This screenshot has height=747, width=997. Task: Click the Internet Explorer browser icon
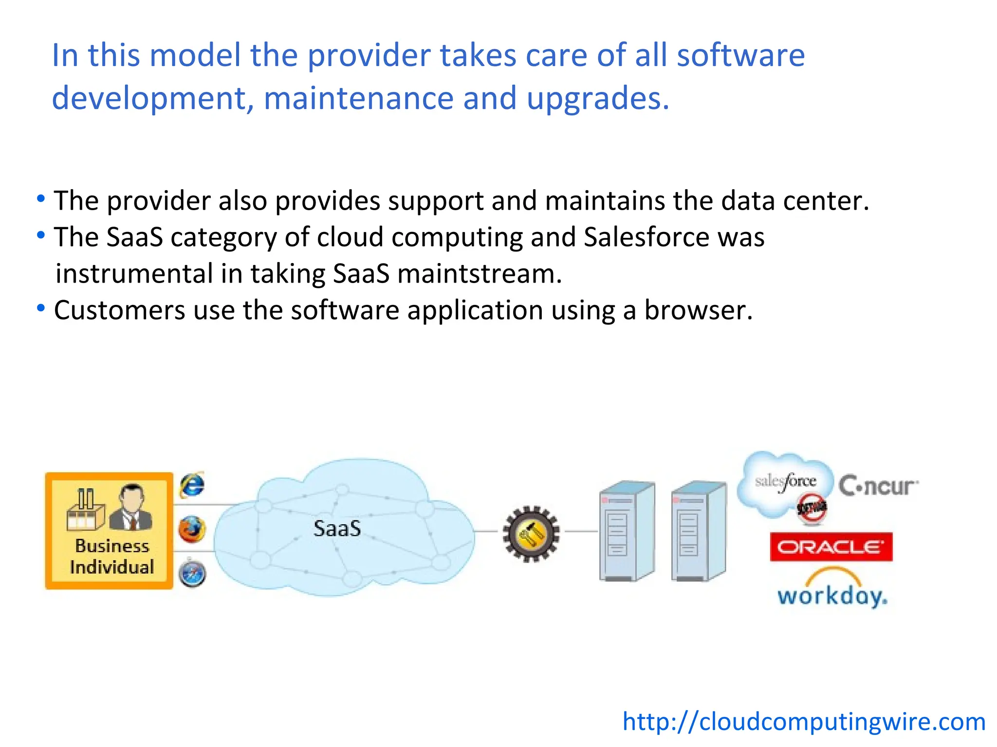pyautogui.click(x=192, y=485)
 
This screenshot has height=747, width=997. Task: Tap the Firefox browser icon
pyautogui.click(x=192, y=529)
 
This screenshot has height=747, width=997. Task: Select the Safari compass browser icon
pyautogui.click(x=192, y=574)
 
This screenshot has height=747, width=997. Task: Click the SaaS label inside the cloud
pyautogui.click(x=337, y=529)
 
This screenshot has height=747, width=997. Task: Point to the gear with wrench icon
pyautogui.click(x=531, y=534)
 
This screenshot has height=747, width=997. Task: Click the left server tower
pyautogui.click(x=627, y=531)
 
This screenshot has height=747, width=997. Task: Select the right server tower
pyautogui.click(x=698, y=531)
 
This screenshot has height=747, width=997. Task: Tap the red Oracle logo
pyautogui.click(x=831, y=547)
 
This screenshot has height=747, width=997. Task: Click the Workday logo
pyautogui.click(x=832, y=590)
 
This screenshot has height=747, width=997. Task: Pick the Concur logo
pyautogui.click(x=878, y=485)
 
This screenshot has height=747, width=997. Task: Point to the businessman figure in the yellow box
pyautogui.click(x=131, y=507)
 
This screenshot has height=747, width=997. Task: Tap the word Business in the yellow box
pyautogui.click(x=112, y=546)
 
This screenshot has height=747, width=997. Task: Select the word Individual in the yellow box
pyautogui.click(x=112, y=567)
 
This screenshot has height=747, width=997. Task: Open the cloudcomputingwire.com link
pyautogui.click(x=804, y=721)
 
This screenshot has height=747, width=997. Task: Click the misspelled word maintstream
pyautogui.click(x=480, y=274)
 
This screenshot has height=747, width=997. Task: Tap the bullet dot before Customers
pyautogui.click(x=41, y=308)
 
